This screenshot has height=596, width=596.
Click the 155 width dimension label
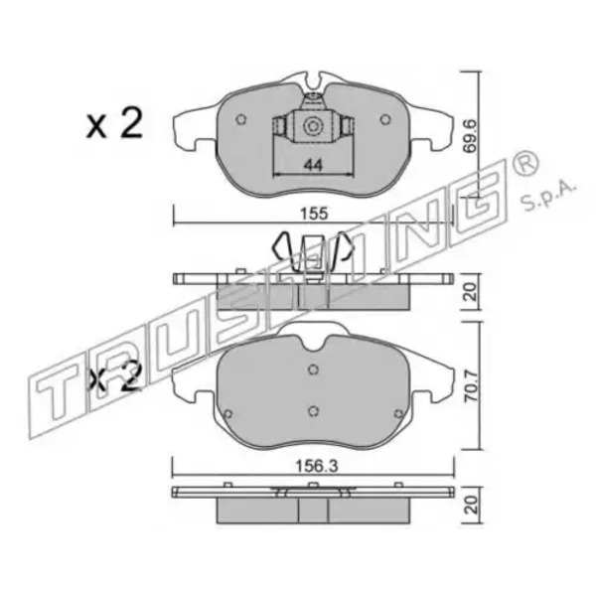314,214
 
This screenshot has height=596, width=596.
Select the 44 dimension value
314,165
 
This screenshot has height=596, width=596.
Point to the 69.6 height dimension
471,135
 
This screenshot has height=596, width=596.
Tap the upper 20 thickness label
471,292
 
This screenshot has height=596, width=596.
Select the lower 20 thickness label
471,506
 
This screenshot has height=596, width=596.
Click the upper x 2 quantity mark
114,123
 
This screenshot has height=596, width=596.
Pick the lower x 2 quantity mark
114,377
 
